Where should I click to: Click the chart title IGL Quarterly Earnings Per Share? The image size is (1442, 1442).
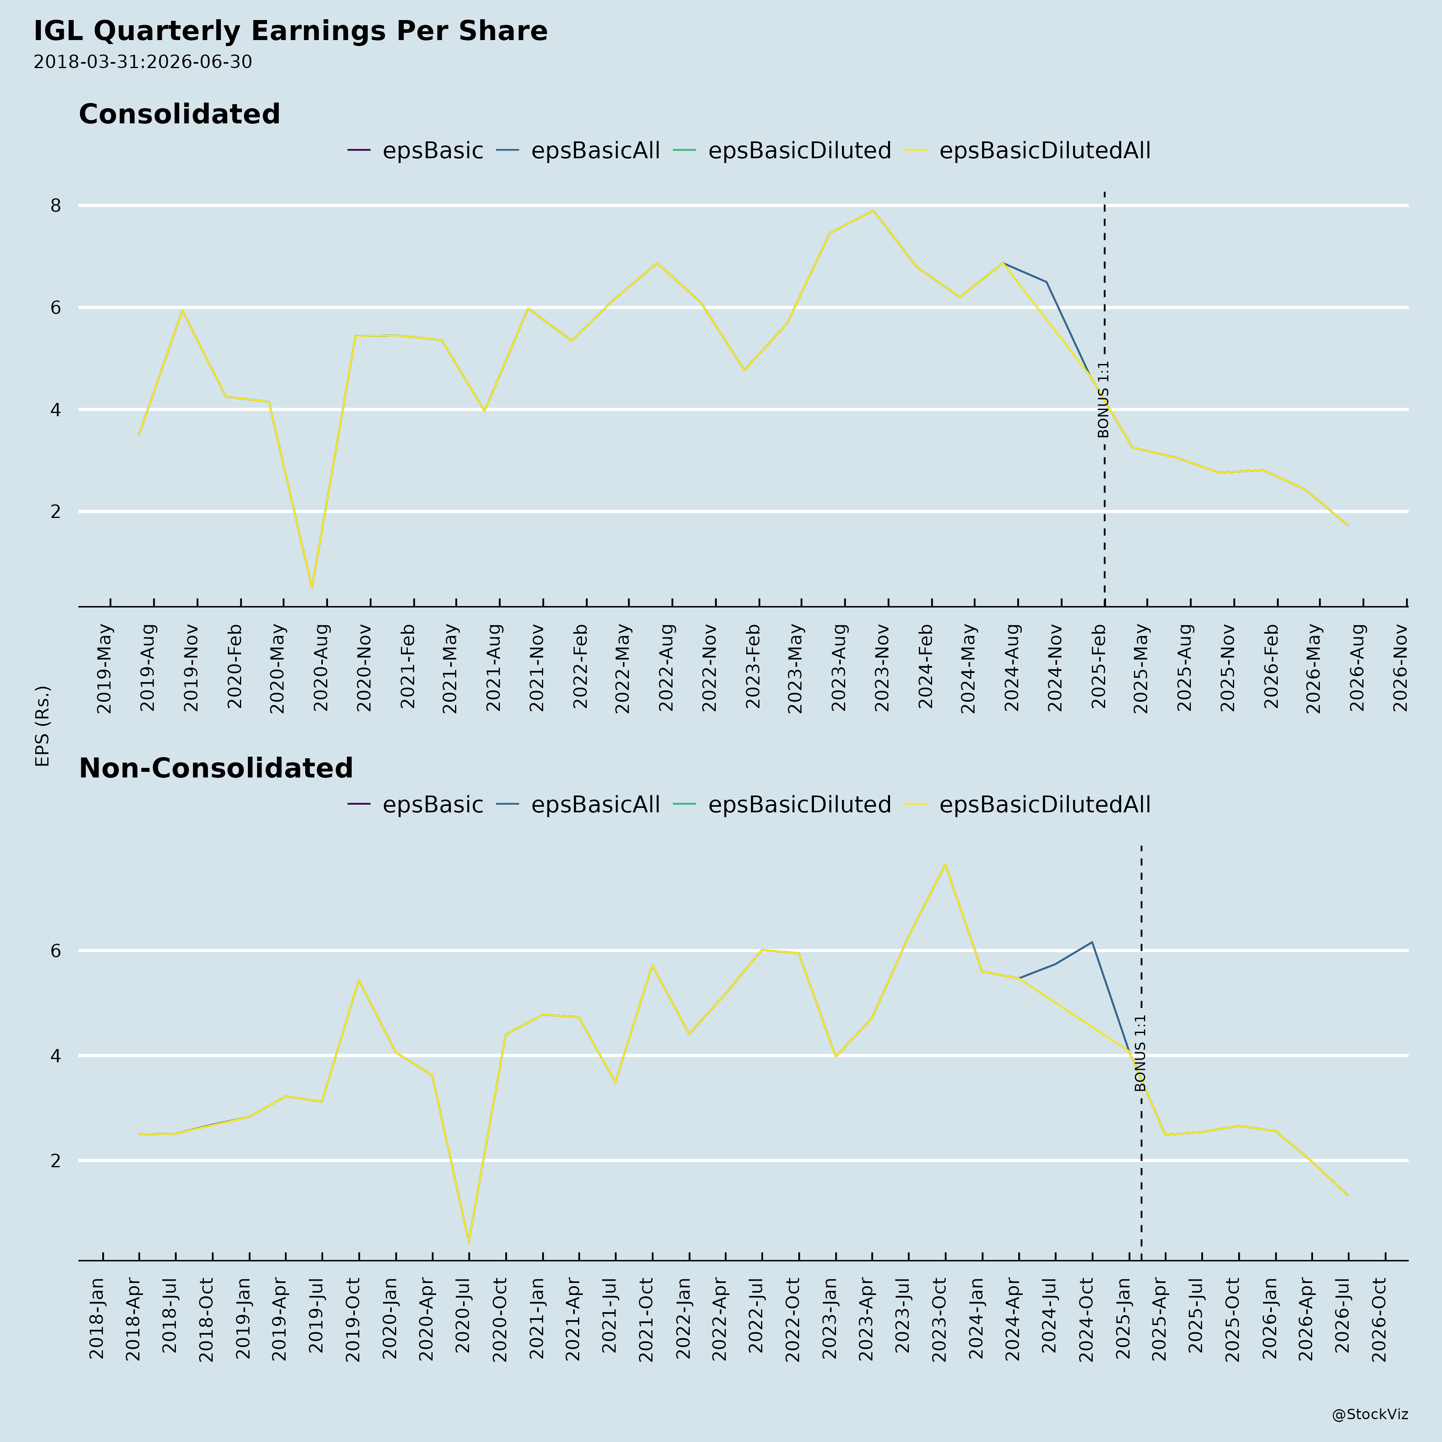click(290, 31)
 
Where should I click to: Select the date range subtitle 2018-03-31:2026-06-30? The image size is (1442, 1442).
click(143, 62)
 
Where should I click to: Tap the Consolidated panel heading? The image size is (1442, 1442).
click(179, 114)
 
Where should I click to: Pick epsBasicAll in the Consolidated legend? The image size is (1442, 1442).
click(595, 151)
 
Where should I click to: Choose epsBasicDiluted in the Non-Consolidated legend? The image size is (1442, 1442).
click(800, 805)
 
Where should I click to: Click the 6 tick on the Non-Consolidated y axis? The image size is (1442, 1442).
click(55, 951)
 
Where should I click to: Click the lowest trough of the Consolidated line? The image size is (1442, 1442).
click(312, 588)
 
